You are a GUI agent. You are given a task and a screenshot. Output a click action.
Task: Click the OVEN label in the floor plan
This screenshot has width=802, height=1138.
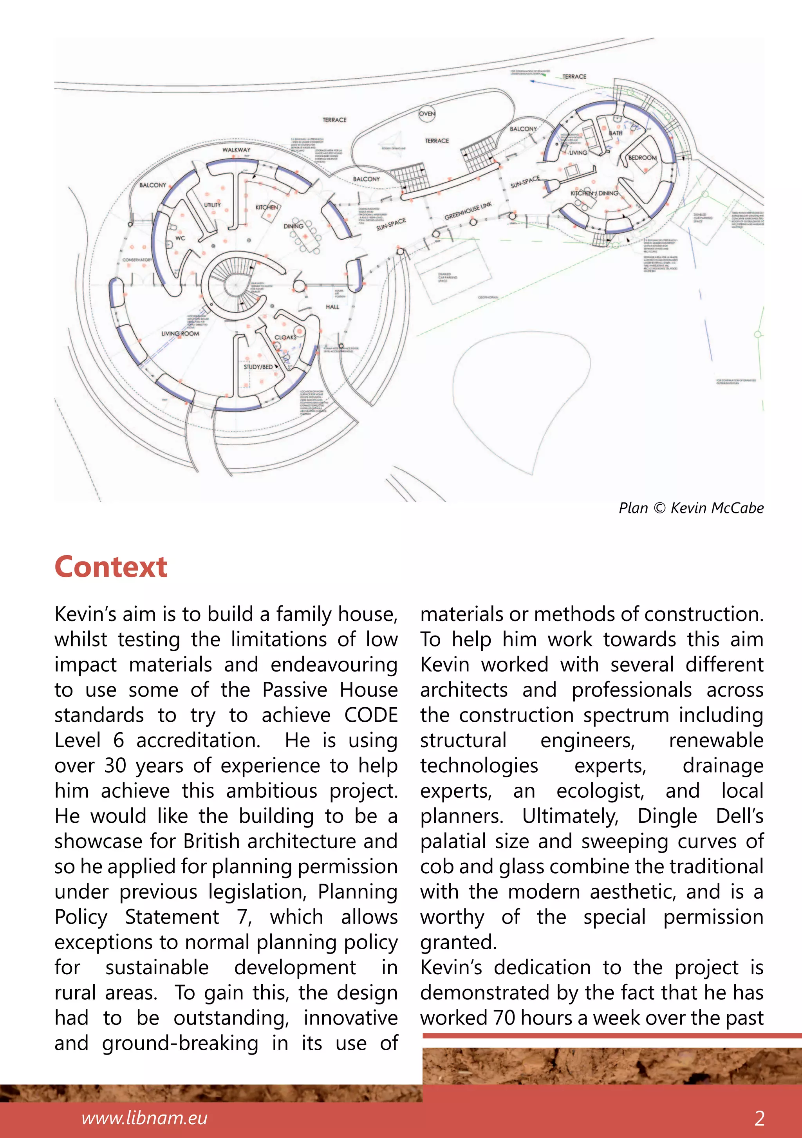[427, 114]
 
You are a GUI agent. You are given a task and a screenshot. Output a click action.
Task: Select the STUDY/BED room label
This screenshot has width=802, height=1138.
[258, 367]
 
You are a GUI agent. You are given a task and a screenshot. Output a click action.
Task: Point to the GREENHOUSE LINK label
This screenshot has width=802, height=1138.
[468, 211]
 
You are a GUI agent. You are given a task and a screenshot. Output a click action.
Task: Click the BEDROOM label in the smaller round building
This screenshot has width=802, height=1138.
[642, 157]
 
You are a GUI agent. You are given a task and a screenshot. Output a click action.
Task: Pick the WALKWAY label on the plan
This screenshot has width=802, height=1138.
[236, 150]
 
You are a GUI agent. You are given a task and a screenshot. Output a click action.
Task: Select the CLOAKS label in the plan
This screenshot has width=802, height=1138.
[285, 337]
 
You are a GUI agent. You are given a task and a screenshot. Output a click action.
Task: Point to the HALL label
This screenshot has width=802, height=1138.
[332, 307]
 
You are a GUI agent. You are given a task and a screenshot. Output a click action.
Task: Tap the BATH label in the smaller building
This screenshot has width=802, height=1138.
[616, 133]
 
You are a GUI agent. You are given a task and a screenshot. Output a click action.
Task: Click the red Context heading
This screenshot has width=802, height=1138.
[111, 567]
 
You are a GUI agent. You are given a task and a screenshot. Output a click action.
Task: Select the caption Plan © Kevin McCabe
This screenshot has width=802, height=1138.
[691, 508]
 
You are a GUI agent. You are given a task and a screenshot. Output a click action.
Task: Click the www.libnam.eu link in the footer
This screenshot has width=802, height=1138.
[144, 1118]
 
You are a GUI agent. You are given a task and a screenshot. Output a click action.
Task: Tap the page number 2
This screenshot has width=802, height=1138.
[759, 1118]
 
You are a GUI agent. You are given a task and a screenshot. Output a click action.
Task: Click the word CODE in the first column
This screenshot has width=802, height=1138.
[371, 715]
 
